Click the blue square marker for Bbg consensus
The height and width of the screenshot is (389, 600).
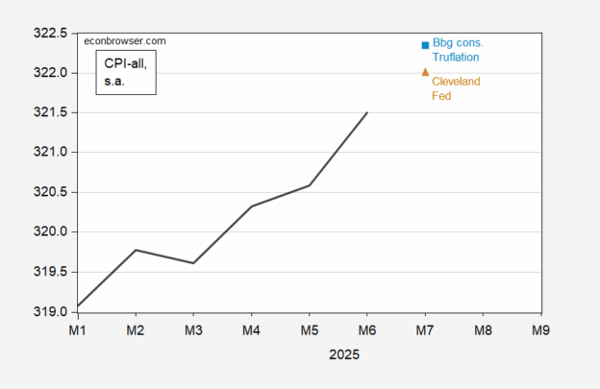(x=425, y=45)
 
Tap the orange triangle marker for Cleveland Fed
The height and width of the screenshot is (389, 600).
(x=425, y=72)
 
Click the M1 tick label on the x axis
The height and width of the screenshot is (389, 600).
(x=78, y=329)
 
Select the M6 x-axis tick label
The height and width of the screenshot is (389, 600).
(x=366, y=329)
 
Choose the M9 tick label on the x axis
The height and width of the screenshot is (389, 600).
(x=540, y=329)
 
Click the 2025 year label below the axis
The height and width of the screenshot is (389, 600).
(x=343, y=354)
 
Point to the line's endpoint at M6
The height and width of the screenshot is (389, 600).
(x=366, y=112)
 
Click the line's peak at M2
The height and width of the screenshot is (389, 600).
(x=136, y=250)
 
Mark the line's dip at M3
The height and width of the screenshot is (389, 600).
(x=193, y=263)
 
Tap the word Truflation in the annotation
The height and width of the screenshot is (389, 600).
(x=456, y=58)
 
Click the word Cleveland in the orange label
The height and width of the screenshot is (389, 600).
(x=456, y=82)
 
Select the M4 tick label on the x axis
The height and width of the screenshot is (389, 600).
(x=251, y=329)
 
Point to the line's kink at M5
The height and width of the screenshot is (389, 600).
(x=309, y=185)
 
